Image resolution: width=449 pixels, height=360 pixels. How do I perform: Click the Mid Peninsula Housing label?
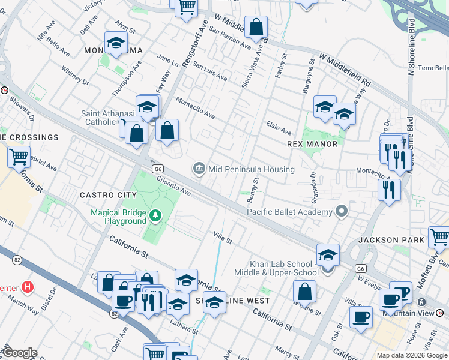[251, 169]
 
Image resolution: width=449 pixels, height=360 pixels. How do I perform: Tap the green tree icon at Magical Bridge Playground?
[155, 214]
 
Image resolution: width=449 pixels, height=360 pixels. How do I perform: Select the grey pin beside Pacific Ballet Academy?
[342, 211]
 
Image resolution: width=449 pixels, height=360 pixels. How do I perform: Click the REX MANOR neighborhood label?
[312, 144]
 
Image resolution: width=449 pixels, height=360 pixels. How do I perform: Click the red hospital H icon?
[26, 287]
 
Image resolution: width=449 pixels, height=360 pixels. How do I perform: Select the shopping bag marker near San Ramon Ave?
[256, 27]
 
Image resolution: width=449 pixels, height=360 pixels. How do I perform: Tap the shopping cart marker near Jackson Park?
[439, 238]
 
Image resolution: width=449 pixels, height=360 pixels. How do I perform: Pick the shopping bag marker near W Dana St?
[305, 292]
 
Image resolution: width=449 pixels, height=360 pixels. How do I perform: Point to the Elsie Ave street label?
[279, 127]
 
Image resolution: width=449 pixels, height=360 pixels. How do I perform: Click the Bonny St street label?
[256, 188]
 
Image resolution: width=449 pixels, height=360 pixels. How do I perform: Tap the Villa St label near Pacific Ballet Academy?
[223, 238]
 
